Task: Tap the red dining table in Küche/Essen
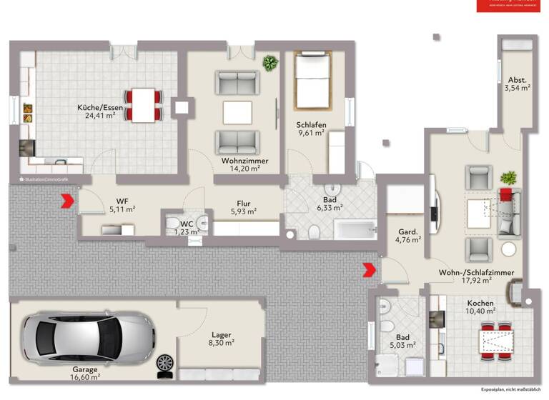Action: (144, 104)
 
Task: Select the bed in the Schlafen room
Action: (312, 82)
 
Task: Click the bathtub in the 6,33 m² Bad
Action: (355, 230)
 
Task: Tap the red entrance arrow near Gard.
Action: (368, 269)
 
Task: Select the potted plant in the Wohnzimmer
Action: (270, 63)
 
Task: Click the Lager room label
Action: (222, 334)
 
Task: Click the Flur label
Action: (243, 202)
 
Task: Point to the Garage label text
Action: (85, 369)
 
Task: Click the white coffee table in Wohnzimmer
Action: (237, 113)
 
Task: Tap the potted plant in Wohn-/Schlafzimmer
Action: (509, 177)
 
